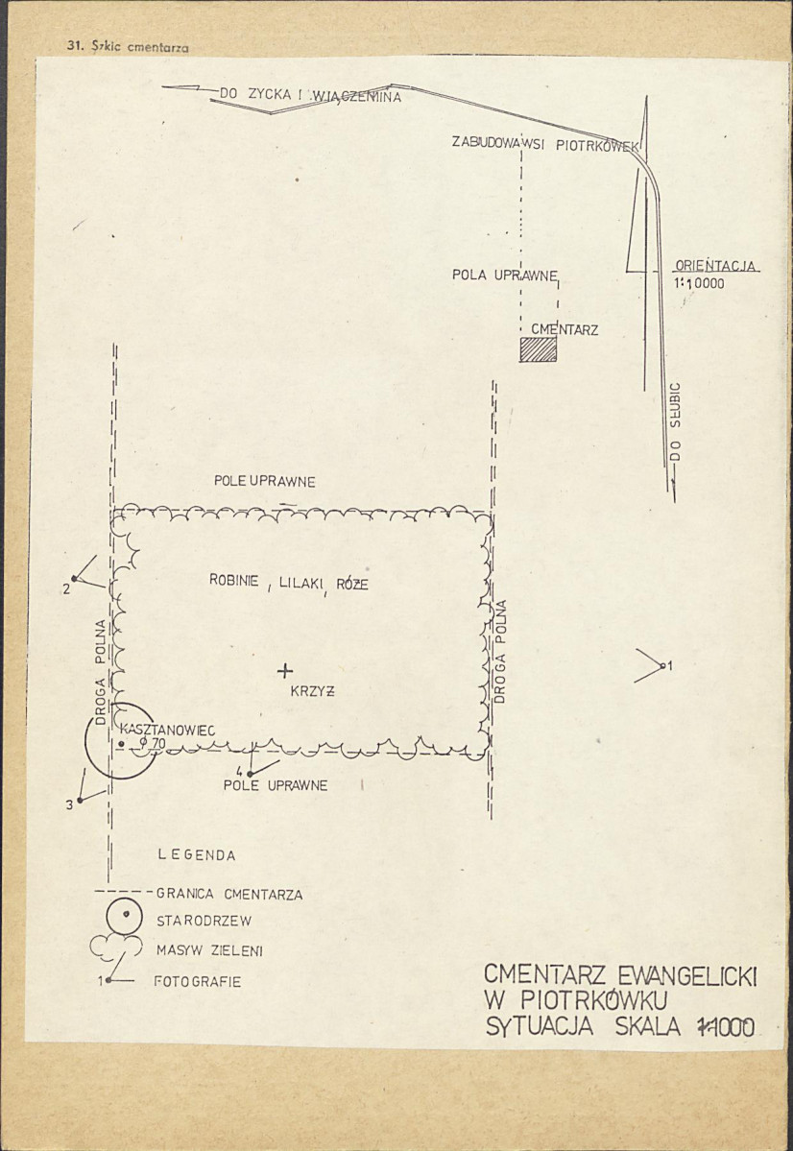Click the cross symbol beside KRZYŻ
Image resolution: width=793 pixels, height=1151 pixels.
pos(285,670)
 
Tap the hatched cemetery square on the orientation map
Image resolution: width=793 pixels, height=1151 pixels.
pos(539,349)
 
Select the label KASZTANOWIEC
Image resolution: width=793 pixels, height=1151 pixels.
pos(167,731)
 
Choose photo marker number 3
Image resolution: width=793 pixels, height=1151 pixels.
pos(85,790)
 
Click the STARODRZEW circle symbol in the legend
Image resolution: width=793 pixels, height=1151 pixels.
pos(124,916)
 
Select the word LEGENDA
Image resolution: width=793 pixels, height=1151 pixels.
pos(197,855)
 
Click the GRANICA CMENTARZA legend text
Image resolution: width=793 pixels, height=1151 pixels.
pos(229,894)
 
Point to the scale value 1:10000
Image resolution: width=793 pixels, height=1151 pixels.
pos(699,283)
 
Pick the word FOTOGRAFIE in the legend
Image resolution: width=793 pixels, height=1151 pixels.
pos(197,981)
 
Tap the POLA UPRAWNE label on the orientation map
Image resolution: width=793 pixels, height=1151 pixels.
pos(505,276)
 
